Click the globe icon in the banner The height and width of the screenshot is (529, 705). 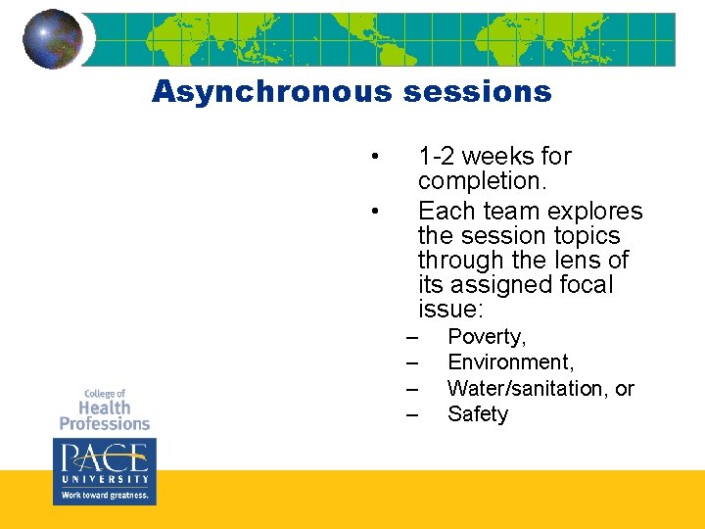click(52, 39)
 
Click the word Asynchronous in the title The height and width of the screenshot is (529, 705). click(270, 92)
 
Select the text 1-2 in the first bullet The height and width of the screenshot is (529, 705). click(436, 157)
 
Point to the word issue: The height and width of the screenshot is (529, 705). click(450, 311)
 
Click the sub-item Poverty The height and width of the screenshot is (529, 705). click(487, 337)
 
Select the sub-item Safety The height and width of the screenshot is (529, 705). click(478, 414)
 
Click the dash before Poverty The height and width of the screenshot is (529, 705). click(411, 337)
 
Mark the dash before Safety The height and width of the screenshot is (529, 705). click(411, 414)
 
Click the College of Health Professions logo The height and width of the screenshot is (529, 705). click(104, 409)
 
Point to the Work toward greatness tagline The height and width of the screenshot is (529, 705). click(104, 496)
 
